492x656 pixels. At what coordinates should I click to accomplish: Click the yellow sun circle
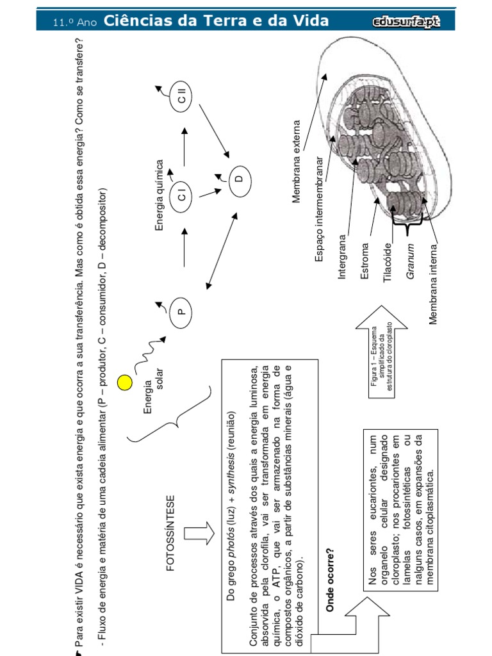(x=125, y=383)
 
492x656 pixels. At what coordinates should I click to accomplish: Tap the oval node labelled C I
(x=182, y=193)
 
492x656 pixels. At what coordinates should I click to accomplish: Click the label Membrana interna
(x=434, y=284)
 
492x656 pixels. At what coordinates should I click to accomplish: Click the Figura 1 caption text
(x=381, y=364)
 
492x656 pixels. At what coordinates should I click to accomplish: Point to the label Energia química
(x=160, y=195)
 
